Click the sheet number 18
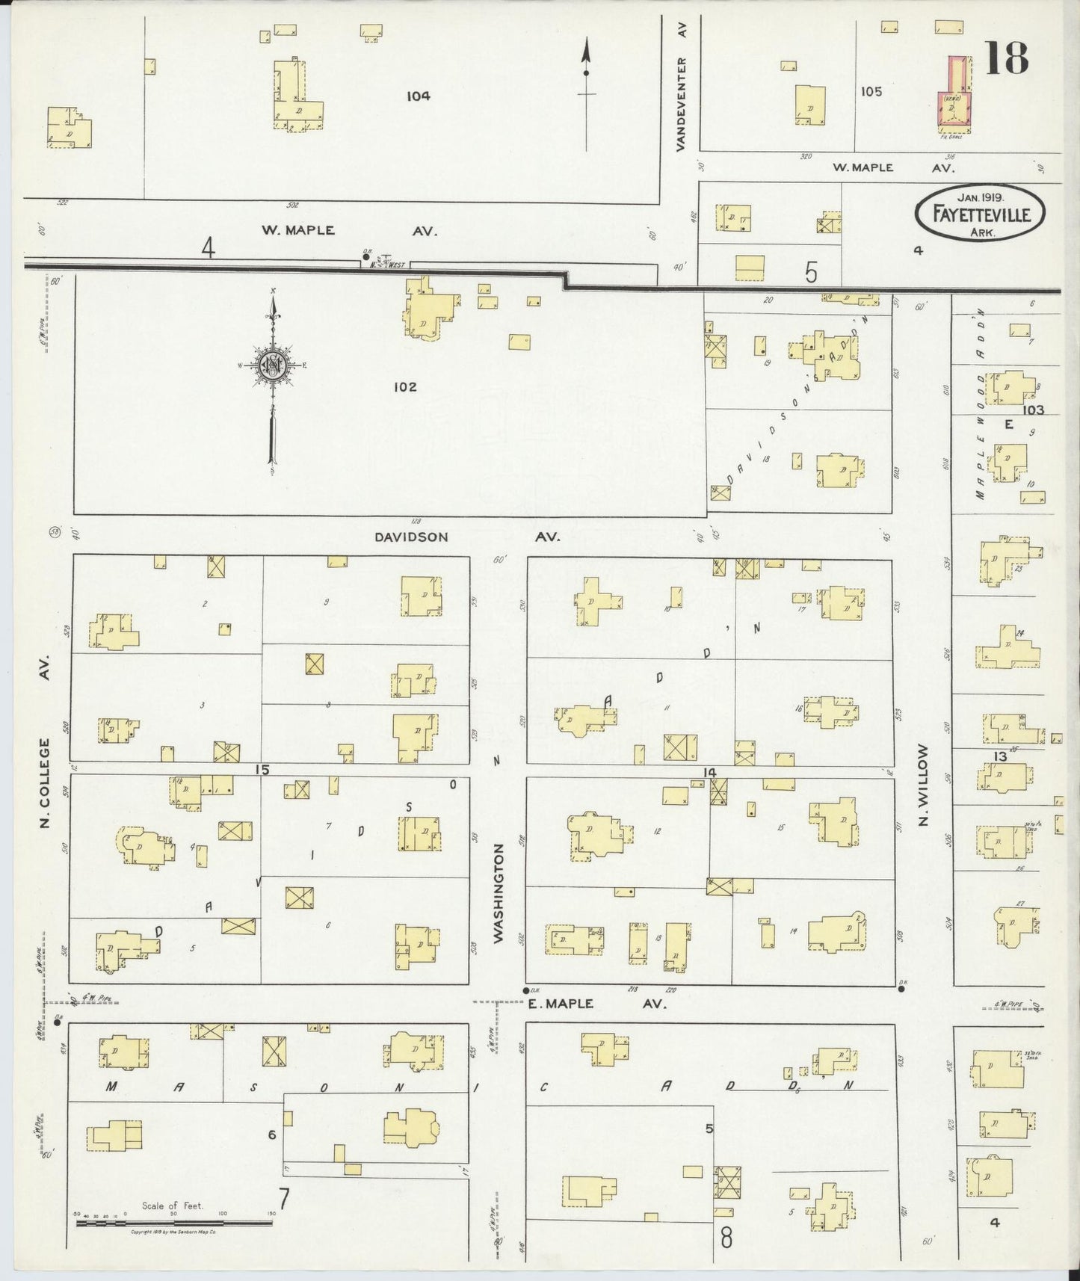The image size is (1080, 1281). (x=1006, y=58)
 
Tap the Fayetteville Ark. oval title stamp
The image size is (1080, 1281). (x=980, y=213)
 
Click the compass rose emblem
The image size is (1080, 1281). (x=272, y=365)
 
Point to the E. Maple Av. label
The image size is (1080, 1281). (x=596, y=1004)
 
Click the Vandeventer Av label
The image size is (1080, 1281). (x=681, y=86)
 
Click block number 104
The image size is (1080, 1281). (x=419, y=96)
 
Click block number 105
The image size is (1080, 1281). (x=871, y=91)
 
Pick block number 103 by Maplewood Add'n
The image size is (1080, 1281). (x=1034, y=410)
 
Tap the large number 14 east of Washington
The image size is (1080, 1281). (x=709, y=772)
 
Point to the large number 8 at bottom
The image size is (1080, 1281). (x=726, y=1237)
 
